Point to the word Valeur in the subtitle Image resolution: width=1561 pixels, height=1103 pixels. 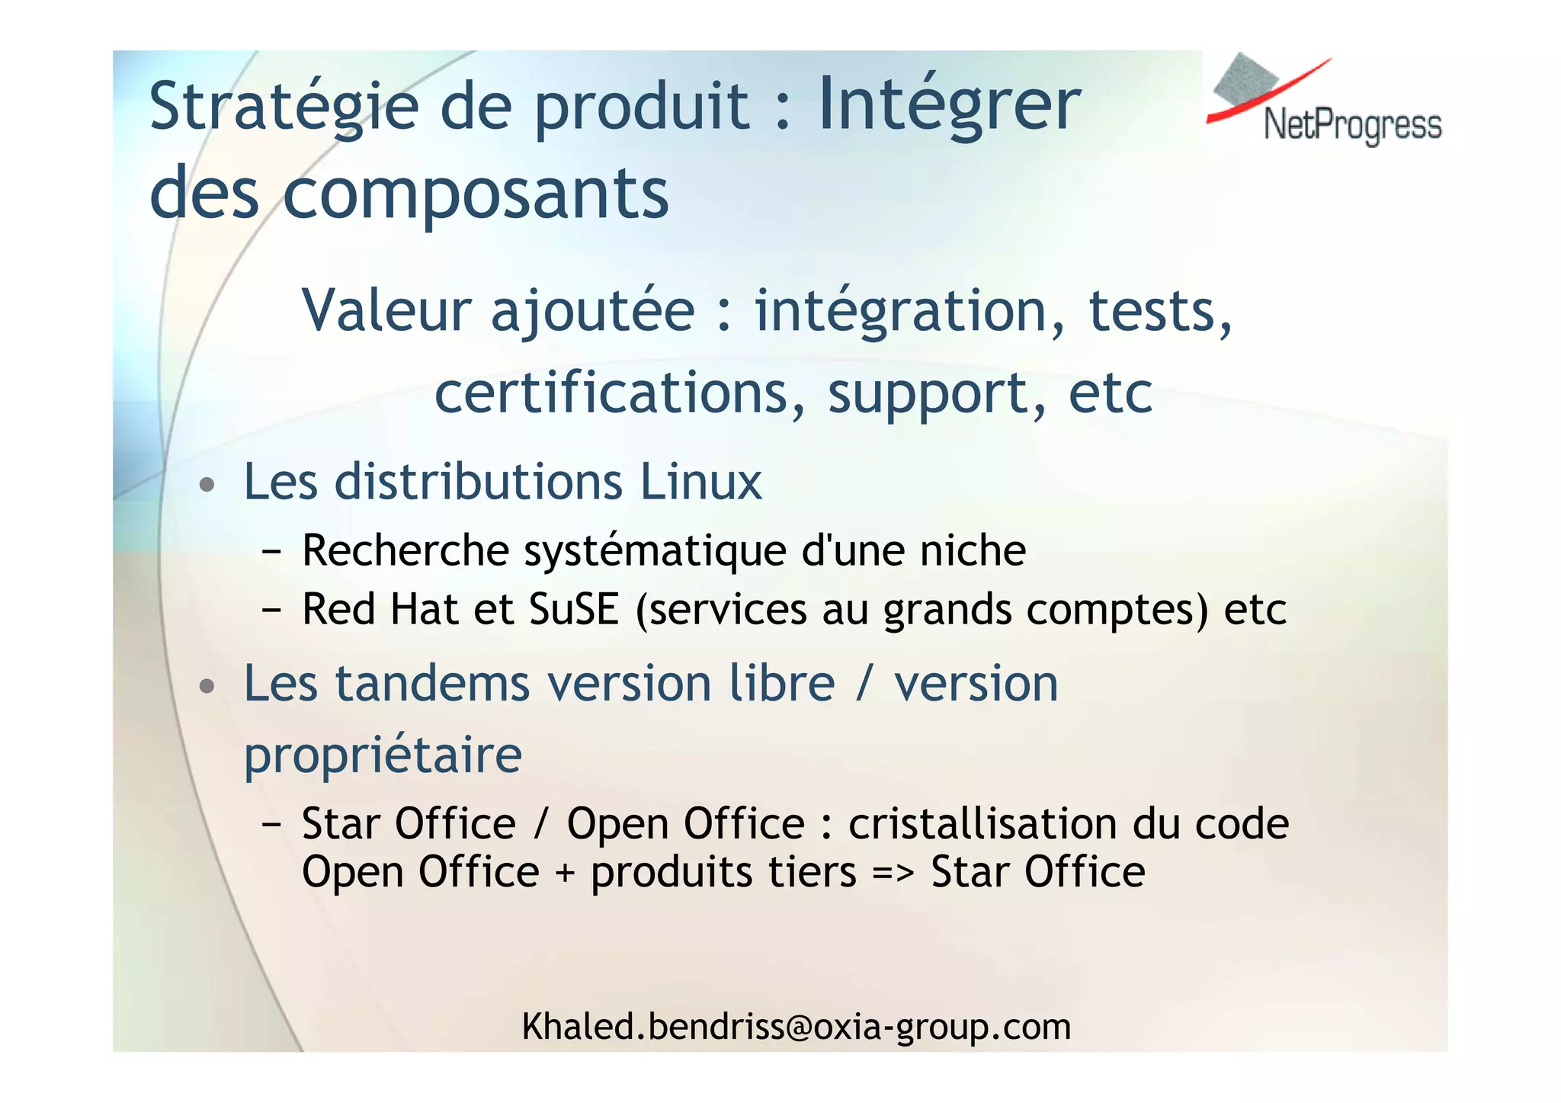[x=386, y=310]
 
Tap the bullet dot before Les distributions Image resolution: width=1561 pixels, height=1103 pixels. [x=207, y=485]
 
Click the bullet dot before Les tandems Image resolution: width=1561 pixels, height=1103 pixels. [x=207, y=686]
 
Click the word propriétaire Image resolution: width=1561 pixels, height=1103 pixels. [x=383, y=755]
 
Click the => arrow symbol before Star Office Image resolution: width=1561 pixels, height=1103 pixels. [x=893, y=873]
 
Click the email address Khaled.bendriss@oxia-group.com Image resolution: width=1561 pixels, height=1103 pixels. [x=796, y=1027]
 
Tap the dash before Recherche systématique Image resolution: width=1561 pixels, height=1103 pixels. [x=271, y=551]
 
